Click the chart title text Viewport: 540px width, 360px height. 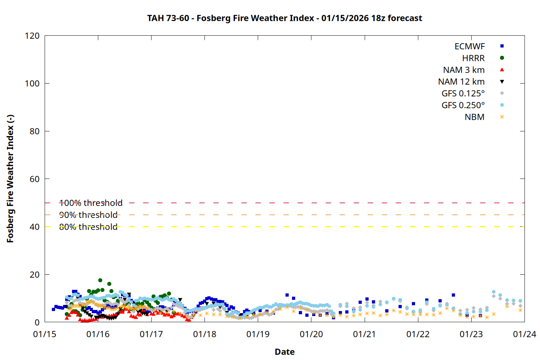(284, 18)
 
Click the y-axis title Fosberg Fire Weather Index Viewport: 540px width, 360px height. (10, 179)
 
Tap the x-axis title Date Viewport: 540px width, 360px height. (284, 352)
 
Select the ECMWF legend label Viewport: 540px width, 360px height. (469, 46)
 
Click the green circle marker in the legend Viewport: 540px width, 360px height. (502, 58)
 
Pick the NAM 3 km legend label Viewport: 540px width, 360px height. (464, 70)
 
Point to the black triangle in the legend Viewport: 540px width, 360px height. (502, 82)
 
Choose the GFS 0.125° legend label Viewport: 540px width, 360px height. (463, 94)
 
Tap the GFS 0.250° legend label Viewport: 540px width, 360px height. (463, 105)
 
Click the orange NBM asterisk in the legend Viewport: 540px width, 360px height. (502, 117)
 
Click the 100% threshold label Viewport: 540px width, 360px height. (91, 203)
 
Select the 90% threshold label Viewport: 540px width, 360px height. (88, 215)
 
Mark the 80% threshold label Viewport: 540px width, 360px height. (88, 227)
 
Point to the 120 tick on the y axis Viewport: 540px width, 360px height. (32, 36)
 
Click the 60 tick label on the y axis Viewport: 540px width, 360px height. (35, 179)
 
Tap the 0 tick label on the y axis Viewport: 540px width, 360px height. (37, 322)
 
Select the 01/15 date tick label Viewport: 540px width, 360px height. (45, 334)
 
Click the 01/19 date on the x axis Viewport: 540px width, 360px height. (258, 334)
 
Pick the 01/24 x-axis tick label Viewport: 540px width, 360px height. (524, 334)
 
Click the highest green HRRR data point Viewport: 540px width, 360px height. (100, 280)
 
